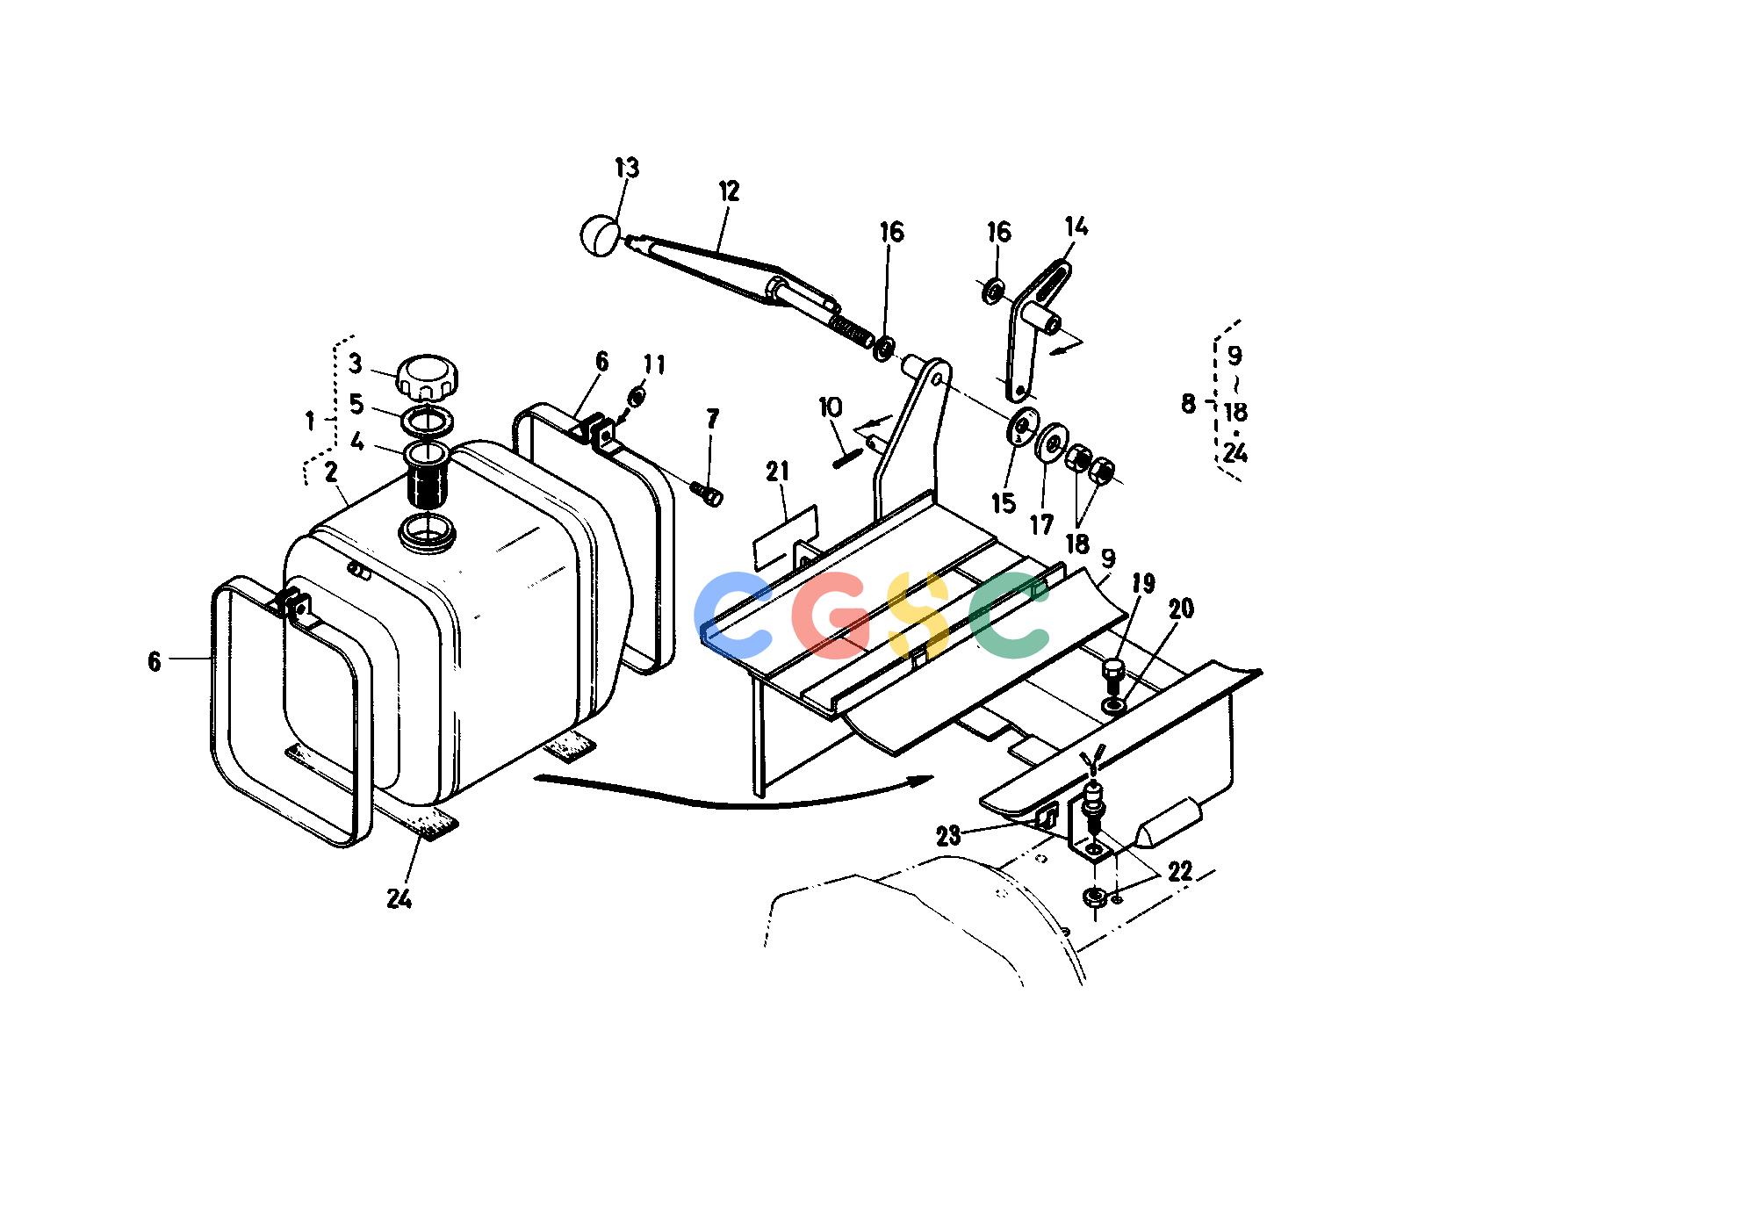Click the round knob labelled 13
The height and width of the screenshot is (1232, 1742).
tap(600, 235)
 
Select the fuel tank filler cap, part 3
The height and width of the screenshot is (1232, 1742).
tap(427, 378)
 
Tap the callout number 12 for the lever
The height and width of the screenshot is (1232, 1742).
tap(729, 191)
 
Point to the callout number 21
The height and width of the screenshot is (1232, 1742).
tap(778, 472)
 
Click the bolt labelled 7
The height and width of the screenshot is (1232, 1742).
tap(707, 494)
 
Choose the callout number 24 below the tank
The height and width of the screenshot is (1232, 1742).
tap(400, 899)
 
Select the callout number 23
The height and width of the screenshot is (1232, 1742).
tap(949, 835)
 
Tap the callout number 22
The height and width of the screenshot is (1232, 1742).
tap(1180, 871)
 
